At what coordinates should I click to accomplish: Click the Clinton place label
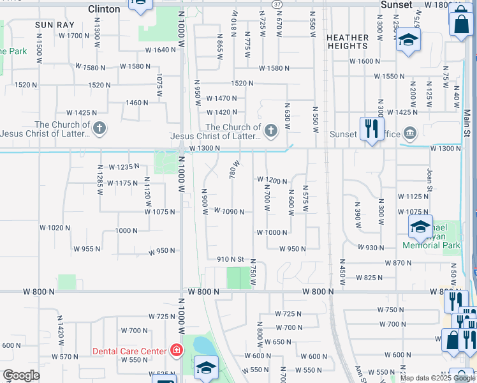coord(104,9)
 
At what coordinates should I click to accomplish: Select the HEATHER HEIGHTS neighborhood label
coord(348,41)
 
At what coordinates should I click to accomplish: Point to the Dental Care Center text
coord(129,351)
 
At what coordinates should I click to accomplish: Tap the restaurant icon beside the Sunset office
coord(371,128)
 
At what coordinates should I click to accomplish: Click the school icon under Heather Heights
coord(406,42)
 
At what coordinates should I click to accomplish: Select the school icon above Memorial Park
coord(420,225)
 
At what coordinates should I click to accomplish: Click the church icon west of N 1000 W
coord(99,129)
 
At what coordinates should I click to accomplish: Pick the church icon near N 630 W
coord(271,131)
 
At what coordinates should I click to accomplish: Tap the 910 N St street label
coord(231,259)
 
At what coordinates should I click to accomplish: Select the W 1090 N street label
coord(229,211)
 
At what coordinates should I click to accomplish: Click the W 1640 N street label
coord(160,50)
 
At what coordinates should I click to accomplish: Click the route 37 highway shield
coord(277,4)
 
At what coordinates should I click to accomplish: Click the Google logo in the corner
coord(21,375)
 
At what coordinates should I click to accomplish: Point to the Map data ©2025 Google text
coord(437,378)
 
